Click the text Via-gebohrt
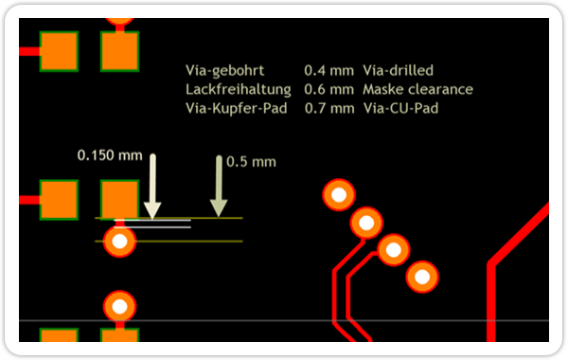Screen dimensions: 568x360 (225, 71)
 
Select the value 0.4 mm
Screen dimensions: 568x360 (328, 70)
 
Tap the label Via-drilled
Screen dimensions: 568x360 (399, 70)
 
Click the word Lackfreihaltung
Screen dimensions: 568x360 (239, 90)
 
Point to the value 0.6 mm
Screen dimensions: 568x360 (328, 89)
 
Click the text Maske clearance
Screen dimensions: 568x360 (418, 89)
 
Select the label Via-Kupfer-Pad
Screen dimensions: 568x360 (236, 108)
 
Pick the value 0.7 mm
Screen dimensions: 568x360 (329, 108)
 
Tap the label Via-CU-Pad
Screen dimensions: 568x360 (400, 108)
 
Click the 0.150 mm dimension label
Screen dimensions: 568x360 (110, 155)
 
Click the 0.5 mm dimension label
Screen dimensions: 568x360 (251, 162)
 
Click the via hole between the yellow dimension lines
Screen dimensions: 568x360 (119, 241)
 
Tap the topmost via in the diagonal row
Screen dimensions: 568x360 (339, 195)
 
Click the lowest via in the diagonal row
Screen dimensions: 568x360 (422, 277)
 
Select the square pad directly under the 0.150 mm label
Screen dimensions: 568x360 (119, 200)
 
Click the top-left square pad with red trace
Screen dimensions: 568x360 (59, 51)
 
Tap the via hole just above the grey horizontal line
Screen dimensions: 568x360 (119, 307)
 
